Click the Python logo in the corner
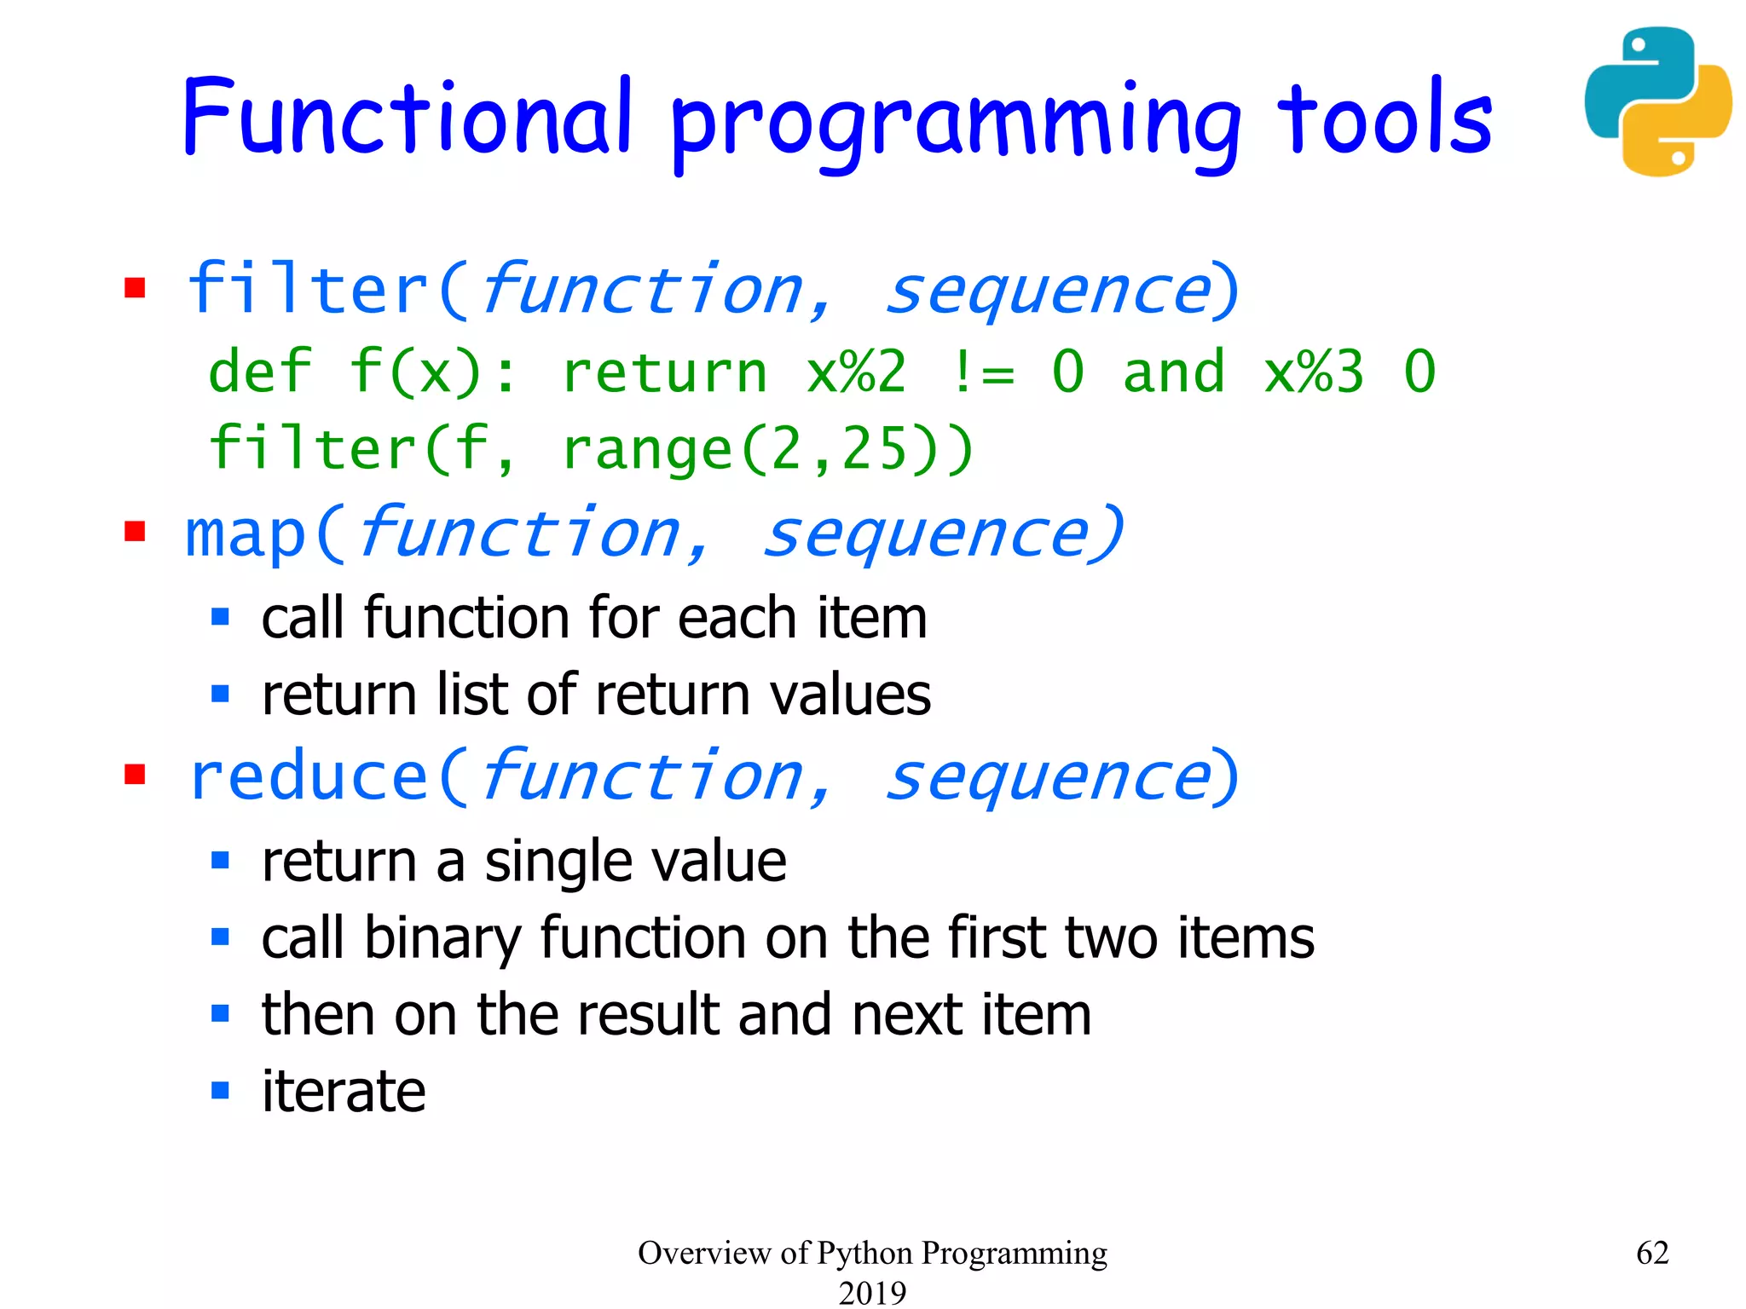pyautogui.click(x=1657, y=102)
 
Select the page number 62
pyautogui.click(x=1652, y=1253)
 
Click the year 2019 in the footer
pyautogui.click(x=872, y=1293)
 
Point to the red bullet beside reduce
pyautogui.click(x=135, y=774)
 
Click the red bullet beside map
pyautogui.click(x=135, y=532)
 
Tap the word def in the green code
pyautogui.click(x=260, y=372)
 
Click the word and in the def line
pyautogui.click(x=1174, y=372)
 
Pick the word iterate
pyautogui.click(x=344, y=1092)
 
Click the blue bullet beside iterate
pyautogui.click(x=221, y=1090)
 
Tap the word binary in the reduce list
pyautogui.click(x=442, y=938)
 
